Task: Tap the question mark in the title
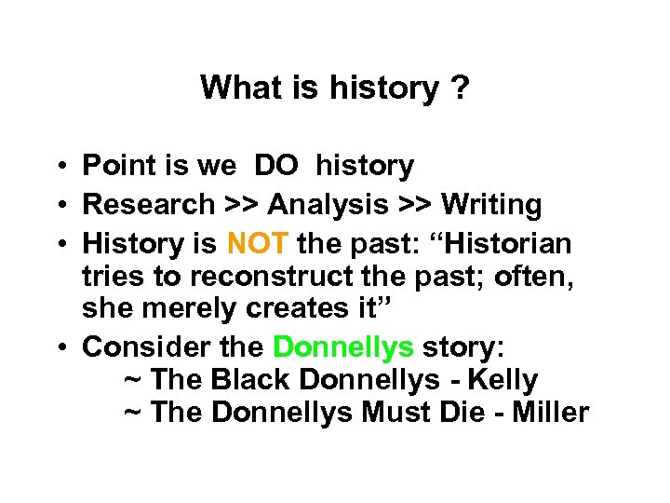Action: coord(459,88)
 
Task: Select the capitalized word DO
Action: coord(276,167)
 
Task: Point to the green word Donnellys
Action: coord(343,347)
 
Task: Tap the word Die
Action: coord(471,413)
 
